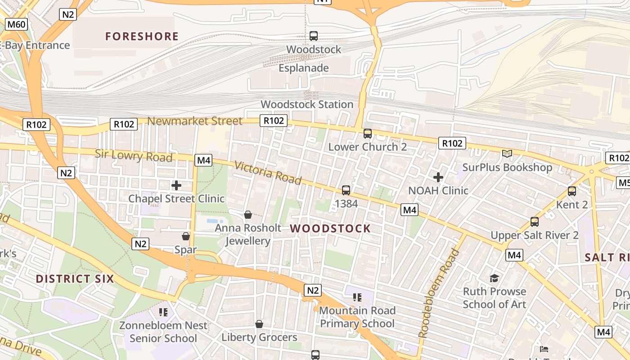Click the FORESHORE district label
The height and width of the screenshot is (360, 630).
(x=142, y=36)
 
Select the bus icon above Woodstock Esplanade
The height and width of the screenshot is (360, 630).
(x=314, y=36)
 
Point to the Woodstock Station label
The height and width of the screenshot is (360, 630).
(x=307, y=104)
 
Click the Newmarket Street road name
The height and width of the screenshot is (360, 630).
(x=195, y=121)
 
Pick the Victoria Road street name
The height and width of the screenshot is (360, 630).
(x=268, y=173)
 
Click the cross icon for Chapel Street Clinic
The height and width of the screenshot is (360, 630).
(x=176, y=185)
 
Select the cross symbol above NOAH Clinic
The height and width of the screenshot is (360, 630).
(x=438, y=177)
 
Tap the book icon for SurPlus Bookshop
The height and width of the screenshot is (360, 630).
(x=507, y=154)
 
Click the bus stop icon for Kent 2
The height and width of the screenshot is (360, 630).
(x=572, y=191)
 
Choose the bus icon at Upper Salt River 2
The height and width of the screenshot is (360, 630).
(x=535, y=221)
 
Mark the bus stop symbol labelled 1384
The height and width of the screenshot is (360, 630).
(x=346, y=190)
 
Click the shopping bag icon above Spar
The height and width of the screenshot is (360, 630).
(x=185, y=236)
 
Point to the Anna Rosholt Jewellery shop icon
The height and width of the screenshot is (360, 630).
(x=247, y=215)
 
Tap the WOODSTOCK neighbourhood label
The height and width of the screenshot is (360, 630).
(x=330, y=229)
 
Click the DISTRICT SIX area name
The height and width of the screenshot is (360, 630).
(x=75, y=279)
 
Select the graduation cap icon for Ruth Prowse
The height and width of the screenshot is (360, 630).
(x=494, y=278)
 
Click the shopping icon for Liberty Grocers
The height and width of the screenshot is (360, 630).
(x=259, y=324)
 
